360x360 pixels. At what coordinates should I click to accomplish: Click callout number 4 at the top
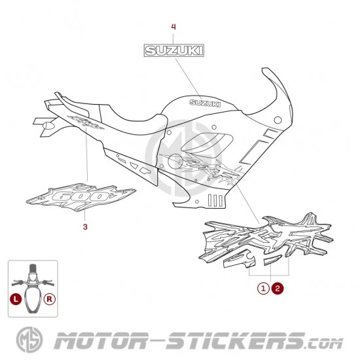(173, 27)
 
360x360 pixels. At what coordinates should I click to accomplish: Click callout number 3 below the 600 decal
(85, 227)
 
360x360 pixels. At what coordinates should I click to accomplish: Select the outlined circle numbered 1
(263, 289)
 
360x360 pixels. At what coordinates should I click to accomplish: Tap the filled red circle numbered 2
(278, 289)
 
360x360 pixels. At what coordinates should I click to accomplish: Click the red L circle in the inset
(16, 299)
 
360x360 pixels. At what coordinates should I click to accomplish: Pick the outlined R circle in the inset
(50, 299)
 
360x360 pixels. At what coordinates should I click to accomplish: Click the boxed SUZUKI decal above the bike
(174, 50)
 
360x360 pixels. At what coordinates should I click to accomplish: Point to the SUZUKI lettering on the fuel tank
(205, 103)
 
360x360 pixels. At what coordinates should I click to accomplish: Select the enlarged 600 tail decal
(81, 197)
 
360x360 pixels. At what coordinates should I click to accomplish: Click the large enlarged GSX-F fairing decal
(266, 240)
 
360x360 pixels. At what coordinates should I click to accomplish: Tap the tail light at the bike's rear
(48, 126)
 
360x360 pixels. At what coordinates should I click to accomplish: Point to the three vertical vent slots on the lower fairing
(215, 200)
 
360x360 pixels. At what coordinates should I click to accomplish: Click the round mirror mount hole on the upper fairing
(278, 120)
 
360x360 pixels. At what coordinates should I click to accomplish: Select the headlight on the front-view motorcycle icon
(33, 277)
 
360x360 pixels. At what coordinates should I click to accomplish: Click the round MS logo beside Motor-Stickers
(29, 340)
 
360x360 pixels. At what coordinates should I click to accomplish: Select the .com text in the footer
(325, 344)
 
